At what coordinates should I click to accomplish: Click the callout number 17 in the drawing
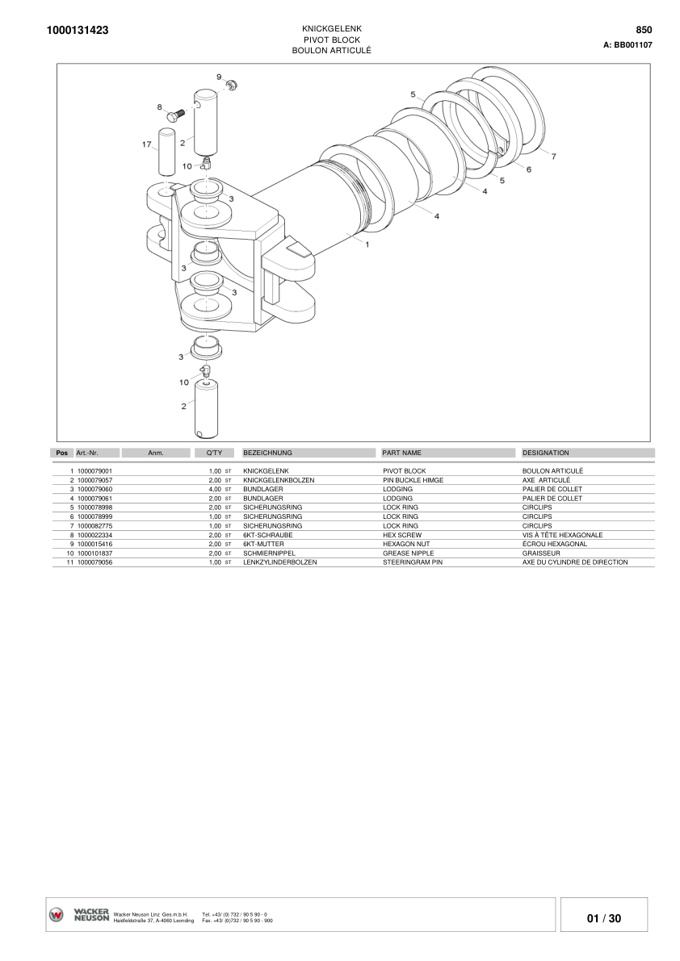[146, 144]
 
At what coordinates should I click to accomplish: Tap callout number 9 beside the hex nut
[219, 77]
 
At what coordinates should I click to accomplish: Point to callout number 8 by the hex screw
[160, 107]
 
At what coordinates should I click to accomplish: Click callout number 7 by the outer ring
[553, 157]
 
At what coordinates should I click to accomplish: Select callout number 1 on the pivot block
[367, 244]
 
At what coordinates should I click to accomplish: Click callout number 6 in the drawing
[528, 169]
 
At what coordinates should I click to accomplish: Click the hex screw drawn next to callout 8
[175, 115]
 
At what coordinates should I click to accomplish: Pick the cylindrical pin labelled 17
[166, 153]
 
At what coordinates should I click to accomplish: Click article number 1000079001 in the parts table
[94, 470]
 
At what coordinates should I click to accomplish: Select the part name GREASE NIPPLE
[408, 554]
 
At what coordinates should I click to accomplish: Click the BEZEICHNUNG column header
[267, 453]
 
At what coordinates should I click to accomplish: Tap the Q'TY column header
[214, 453]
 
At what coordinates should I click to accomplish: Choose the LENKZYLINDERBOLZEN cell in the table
[279, 562]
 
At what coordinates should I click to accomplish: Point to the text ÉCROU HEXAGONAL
[555, 544]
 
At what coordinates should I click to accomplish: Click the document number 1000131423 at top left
[78, 31]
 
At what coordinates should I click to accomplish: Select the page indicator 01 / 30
[604, 918]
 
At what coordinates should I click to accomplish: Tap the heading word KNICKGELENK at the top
[331, 28]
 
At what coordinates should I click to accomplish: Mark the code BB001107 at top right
[633, 45]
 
